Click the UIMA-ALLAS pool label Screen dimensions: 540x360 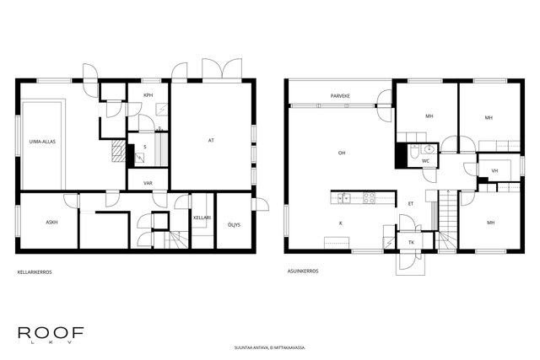[42, 142]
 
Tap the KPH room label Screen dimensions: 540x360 [148, 95]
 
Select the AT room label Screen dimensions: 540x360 [211, 141]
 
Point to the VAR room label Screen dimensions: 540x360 [148, 183]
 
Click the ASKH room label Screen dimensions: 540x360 [51, 223]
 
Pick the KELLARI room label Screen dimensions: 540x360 [202, 218]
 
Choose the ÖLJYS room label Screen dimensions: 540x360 [234, 225]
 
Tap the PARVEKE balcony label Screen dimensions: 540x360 [340, 96]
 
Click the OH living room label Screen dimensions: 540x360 [342, 153]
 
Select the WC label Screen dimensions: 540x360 [425, 161]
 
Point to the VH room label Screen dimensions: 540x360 [495, 170]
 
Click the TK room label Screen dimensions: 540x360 [411, 243]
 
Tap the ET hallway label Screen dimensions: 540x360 [411, 204]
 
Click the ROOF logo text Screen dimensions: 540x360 [51, 332]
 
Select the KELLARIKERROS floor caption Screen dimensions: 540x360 [35, 272]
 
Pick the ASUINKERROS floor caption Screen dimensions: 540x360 [303, 271]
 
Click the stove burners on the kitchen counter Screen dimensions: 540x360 [370, 198]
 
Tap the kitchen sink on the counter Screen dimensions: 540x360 [343, 198]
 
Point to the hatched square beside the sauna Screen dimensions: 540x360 [119, 150]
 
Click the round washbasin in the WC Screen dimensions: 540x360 [429, 149]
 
